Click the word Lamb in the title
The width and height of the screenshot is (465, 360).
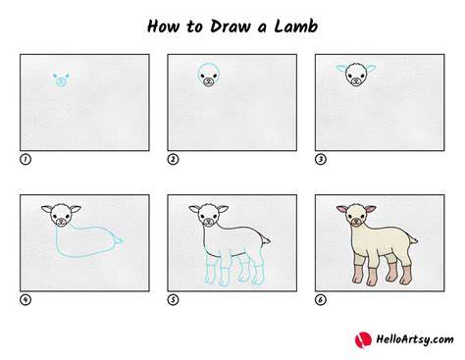[x=296, y=26]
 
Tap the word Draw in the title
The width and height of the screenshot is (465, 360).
[x=231, y=26]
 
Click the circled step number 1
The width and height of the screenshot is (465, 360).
[x=26, y=159]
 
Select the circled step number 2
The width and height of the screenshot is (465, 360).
[x=173, y=159]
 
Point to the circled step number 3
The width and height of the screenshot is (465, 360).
[x=321, y=159]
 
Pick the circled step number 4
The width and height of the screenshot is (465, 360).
[x=26, y=299]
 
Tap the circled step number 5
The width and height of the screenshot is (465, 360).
[x=173, y=299]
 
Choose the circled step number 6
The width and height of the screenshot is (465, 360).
[x=321, y=299]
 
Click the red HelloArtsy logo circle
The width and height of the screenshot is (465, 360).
[x=363, y=339]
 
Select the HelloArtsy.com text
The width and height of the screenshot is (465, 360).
[x=415, y=339]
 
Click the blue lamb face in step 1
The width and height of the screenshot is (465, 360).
[x=61, y=79]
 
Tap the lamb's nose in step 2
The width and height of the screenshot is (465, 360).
[x=208, y=81]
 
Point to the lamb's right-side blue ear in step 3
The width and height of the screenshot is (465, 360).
[x=371, y=69]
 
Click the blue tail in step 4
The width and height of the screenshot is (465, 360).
[x=118, y=240]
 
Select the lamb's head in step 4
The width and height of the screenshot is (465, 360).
[x=61, y=215]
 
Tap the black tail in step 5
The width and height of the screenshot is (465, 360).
[x=266, y=240]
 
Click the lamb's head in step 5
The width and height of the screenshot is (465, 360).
[x=209, y=215]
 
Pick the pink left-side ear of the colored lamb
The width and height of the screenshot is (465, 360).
[x=341, y=209]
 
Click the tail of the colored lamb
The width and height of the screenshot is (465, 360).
[x=413, y=240]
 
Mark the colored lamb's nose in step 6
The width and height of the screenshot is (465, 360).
[x=356, y=223]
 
